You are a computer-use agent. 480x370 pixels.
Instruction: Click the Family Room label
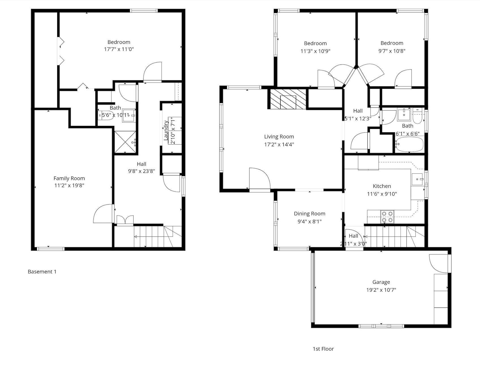(69, 178)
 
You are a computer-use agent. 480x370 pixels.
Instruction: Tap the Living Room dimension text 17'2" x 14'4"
(279, 144)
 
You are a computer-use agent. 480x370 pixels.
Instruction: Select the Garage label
(381, 282)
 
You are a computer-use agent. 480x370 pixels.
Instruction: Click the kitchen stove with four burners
(387, 217)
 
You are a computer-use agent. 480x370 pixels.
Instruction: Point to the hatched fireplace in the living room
(288, 99)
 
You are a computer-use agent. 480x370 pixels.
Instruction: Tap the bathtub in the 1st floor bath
(409, 144)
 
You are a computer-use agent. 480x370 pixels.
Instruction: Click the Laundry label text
(166, 130)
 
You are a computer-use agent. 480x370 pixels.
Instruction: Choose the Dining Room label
(309, 214)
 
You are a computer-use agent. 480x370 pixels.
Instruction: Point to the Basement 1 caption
(42, 272)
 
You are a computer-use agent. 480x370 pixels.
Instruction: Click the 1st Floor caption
(323, 349)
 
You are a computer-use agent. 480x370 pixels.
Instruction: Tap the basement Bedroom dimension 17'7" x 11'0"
(119, 49)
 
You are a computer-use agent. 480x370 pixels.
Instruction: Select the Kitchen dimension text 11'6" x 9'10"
(382, 194)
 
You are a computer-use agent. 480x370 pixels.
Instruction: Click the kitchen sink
(417, 179)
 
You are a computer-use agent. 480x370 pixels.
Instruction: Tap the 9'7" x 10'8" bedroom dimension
(392, 51)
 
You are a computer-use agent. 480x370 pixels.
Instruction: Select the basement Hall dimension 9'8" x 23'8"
(142, 171)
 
